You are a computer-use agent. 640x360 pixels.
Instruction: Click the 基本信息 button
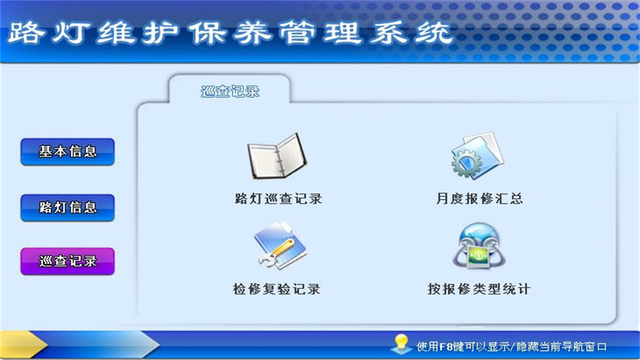coord(67,151)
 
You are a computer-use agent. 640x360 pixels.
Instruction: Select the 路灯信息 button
coord(67,207)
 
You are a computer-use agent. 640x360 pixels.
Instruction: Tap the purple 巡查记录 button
coord(67,261)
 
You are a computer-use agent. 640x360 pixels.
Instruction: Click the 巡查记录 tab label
coord(230,91)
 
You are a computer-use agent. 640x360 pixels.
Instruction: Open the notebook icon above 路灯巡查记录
coord(276,156)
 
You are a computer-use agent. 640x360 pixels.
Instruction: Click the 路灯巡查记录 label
coord(278,198)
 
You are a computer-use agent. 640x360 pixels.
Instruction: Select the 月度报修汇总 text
coord(479,198)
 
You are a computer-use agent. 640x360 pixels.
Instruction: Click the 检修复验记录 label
coord(276,289)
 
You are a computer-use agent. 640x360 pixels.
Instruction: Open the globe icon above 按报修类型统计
coord(479,245)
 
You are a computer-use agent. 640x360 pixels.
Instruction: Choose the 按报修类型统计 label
coord(478,289)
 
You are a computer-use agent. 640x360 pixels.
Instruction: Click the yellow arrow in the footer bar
coord(25,345)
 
